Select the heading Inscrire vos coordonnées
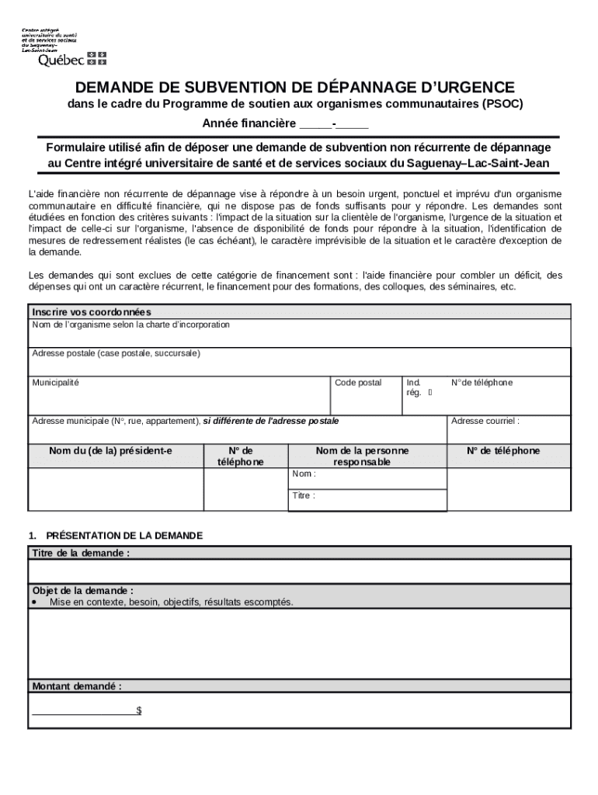point(91,312)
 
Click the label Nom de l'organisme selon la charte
point(130,325)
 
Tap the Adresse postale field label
point(116,353)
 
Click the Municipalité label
point(55,383)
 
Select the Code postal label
point(358,383)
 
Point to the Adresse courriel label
point(485,422)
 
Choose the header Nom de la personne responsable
point(362,457)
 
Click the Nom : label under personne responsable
point(304,474)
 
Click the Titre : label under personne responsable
point(304,495)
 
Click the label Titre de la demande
point(81,553)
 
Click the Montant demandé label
point(76,686)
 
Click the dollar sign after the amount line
point(138,710)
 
